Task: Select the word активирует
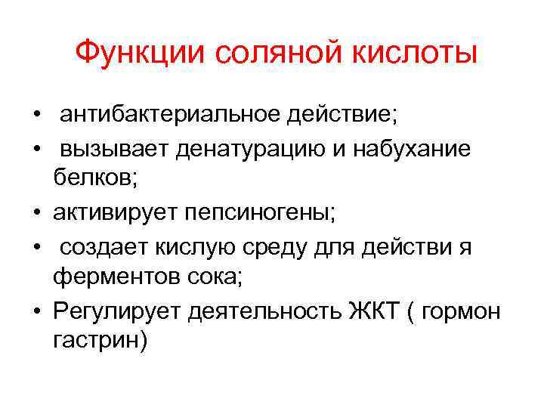[114, 214]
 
